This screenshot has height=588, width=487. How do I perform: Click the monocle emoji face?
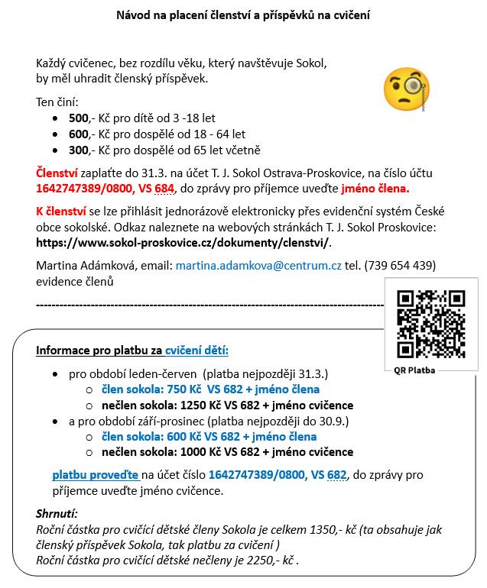click(407, 88)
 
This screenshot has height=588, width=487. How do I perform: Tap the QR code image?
click(431, 324)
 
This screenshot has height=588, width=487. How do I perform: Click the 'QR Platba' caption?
click(415, 370)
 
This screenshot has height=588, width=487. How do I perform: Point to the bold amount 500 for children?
click(79, 118)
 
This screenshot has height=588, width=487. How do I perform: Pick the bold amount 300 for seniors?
click(79, 150)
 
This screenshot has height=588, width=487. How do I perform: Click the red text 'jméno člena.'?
click(375, 188)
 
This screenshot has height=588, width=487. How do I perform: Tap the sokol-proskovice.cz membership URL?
click(183, 243)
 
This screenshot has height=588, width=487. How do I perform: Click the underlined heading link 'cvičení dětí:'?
click(197, 351)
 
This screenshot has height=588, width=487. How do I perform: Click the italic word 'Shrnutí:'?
click(57, 514)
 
